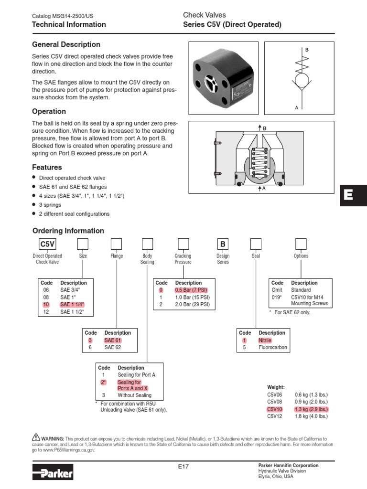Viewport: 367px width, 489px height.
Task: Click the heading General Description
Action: [66, 44]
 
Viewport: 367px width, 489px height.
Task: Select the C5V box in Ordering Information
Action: [47, 244]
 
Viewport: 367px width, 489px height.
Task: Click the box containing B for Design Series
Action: [223, 244]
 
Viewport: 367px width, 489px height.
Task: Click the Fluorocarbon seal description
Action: [273, 347]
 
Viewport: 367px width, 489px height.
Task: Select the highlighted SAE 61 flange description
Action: [113, 340]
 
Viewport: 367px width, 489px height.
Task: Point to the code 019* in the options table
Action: [277, 297]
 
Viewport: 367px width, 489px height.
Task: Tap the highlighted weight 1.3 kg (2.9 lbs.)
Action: [311, 409]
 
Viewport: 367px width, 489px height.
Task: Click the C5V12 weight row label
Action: [275, 416]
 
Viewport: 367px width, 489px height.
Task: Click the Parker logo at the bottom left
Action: [53, 473]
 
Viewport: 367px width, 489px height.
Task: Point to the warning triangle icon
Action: [35, 437]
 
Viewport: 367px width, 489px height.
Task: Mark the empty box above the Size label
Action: [83, 244]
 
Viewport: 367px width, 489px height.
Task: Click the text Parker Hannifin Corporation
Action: [288, 465]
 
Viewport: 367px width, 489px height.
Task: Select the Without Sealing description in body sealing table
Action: [134, 395]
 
